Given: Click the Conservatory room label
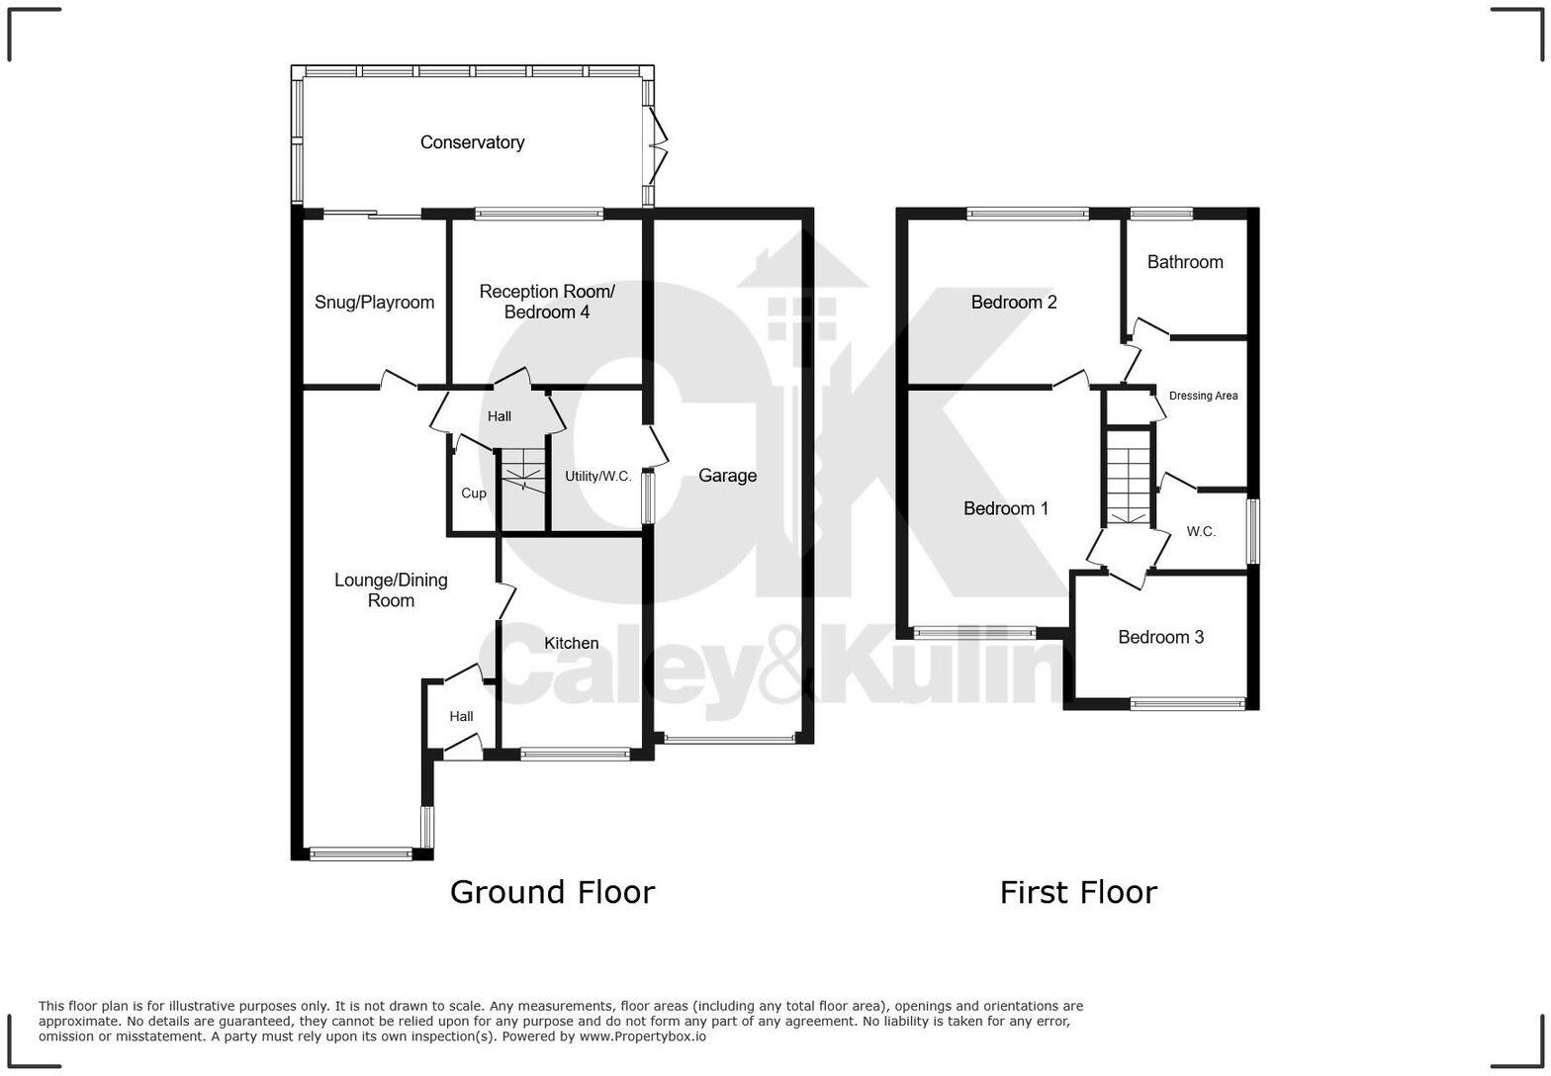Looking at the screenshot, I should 472,142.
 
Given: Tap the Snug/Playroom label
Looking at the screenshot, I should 374,303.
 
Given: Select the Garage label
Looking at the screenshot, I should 727,476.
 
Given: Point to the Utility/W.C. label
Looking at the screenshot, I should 597,477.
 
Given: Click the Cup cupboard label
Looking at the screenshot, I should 474,493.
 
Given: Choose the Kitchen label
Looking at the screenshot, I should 571,644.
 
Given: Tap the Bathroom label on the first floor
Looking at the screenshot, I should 1185,262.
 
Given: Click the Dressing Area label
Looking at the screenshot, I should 1203,396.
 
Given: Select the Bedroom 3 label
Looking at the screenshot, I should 1160,637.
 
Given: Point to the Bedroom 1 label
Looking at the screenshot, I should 1006,508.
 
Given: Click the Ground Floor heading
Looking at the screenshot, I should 552,892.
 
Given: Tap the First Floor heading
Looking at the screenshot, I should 1078,893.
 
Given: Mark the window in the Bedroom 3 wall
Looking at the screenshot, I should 1187,704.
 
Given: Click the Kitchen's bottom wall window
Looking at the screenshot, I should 575,755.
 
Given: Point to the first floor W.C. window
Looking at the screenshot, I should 1252,531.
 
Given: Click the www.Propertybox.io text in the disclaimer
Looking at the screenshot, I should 643,1036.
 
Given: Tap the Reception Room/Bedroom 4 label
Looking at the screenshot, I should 546,302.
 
